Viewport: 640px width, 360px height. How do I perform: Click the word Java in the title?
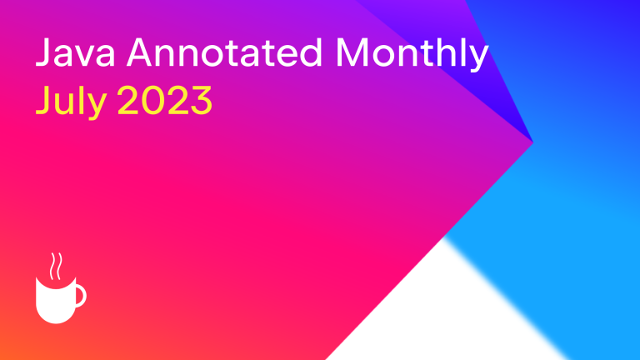[x=76, y=52]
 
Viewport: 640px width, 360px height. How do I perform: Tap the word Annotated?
[x=224, y=52]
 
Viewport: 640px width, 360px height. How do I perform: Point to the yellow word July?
[x=72, y=101]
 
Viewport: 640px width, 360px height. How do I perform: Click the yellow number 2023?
[x=165, y=100]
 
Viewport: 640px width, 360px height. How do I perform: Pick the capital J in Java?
[x=42, y=52]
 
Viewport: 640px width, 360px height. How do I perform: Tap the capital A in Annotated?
[x=141, y=52]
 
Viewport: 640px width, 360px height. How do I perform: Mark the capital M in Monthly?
[x=352, y=52]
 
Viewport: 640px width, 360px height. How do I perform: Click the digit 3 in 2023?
[x=201, y=100]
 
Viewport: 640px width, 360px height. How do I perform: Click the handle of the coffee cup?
[x=81, y=296]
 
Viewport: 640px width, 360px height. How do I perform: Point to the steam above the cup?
[x=57, y=266]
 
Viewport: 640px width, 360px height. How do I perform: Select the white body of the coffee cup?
[x=56, y=301]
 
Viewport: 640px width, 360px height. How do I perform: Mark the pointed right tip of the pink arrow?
[x=532, y=142]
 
